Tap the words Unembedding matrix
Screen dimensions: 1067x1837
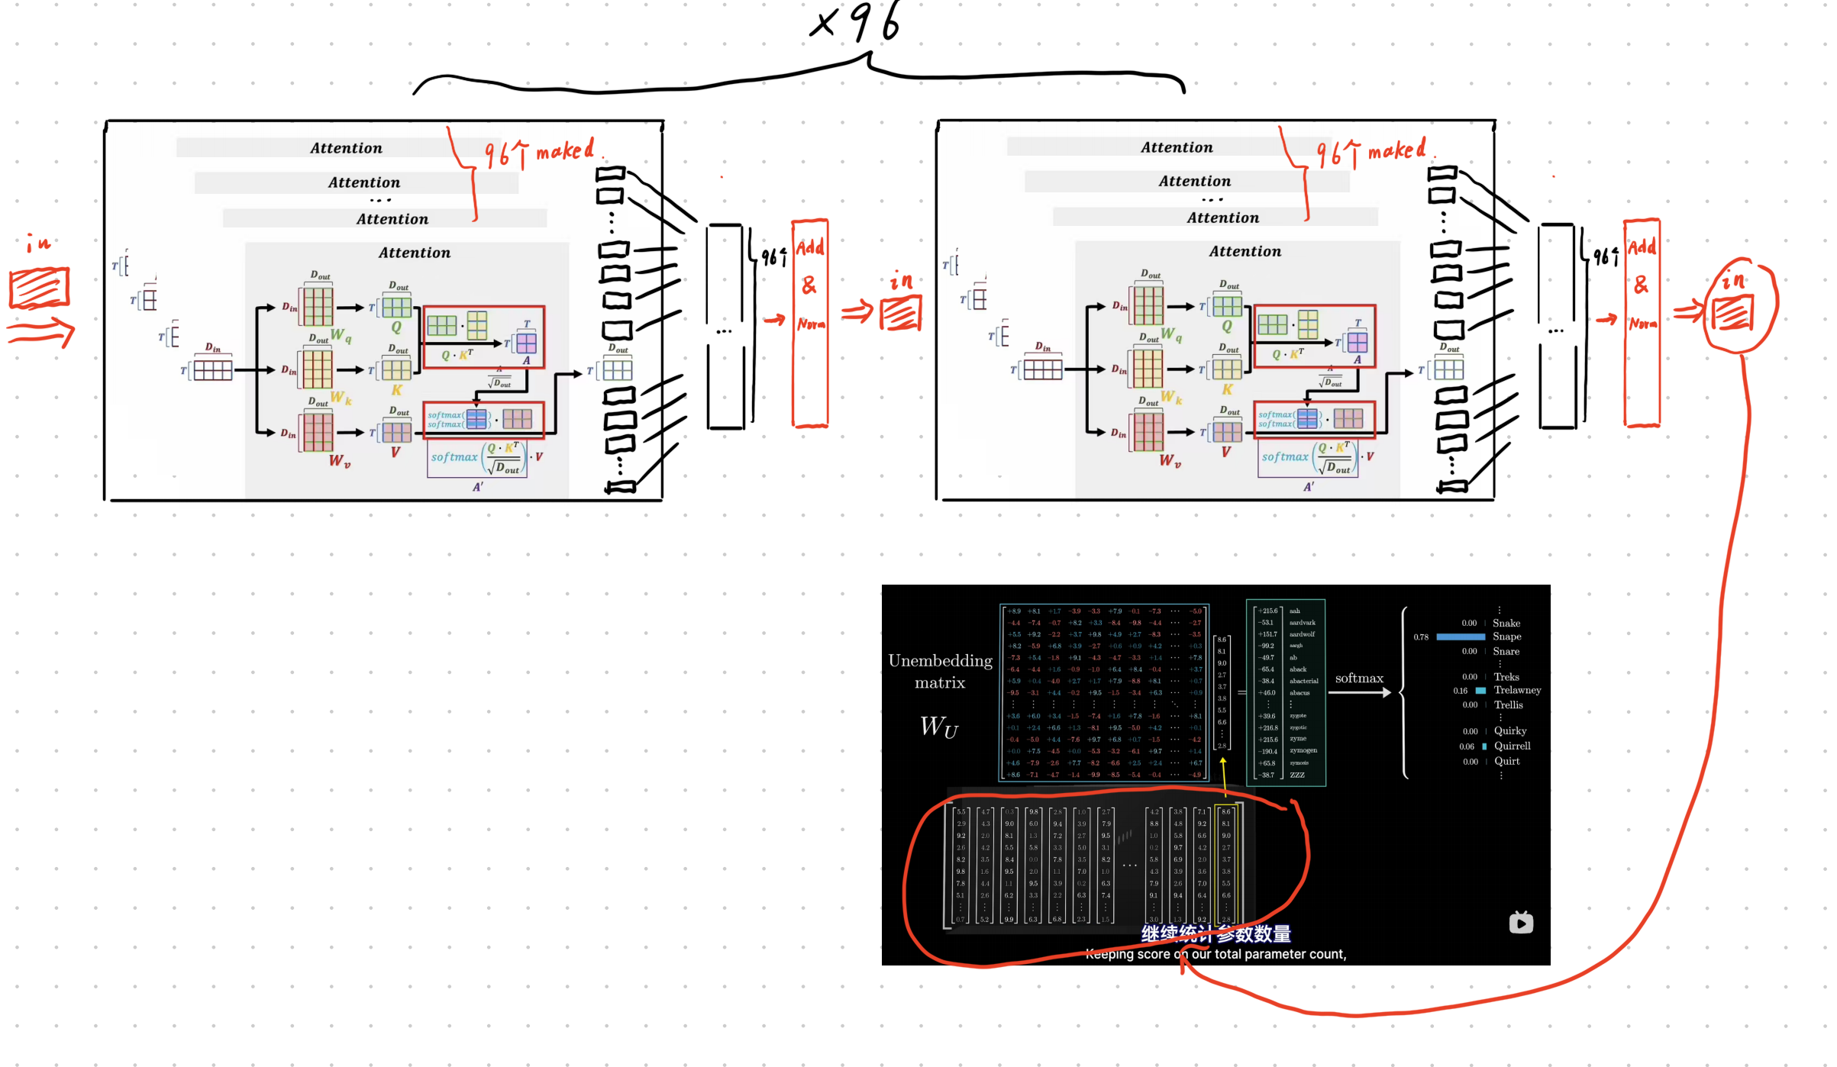click(x=940, y=671)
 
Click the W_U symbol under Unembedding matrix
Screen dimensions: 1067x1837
click(x=938, y=727)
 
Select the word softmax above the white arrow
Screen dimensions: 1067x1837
click(x=1359, y=678)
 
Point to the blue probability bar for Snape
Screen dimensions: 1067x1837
click(x=1460, y=637)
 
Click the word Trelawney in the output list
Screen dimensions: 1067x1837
click(x=1517, y=690)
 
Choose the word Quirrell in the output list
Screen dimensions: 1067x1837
click(x=1512, y=746)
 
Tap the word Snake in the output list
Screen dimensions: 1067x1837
click(x=1506, y=623)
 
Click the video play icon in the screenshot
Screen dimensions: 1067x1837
click(x=1520, y=923)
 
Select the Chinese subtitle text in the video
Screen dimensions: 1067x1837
click(x=1216, y=933)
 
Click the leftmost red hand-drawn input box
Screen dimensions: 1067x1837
click(x=40, y=288)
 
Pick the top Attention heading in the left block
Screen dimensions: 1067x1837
click(x=346, y=148)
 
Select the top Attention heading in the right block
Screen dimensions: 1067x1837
click(x=1177, y=147)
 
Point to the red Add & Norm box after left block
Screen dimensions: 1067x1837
click(x=810, y=322)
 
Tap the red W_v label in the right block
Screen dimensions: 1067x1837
click(x=1170, y=461)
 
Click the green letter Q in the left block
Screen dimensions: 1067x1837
click(x=396, y=327)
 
